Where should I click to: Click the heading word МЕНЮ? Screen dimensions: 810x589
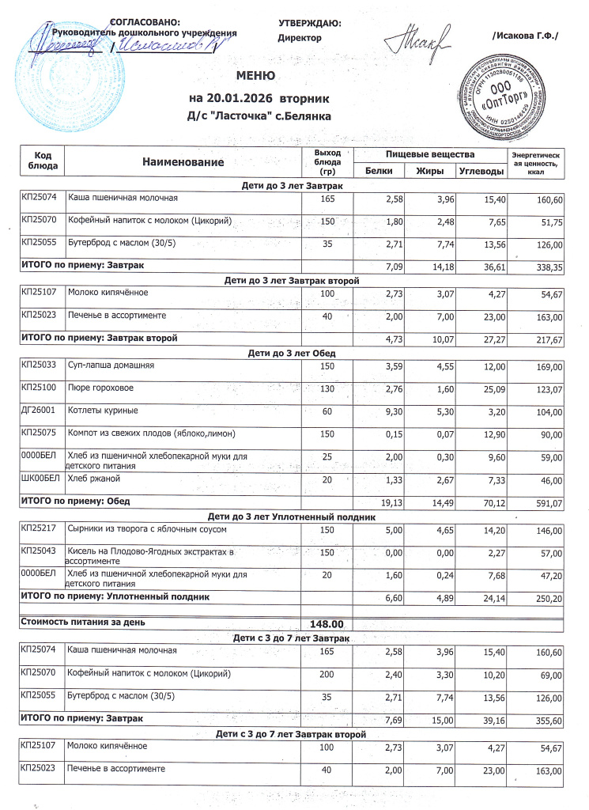tap(255, 78)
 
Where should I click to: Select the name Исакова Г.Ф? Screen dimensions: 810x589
tap(525, 36)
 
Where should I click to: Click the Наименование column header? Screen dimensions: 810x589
tap(183, 161)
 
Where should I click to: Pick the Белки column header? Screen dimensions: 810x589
tap(379, 171)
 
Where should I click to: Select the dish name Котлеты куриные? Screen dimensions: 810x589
tap(104, 410)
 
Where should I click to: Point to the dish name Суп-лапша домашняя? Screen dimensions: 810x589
tap(111, 365)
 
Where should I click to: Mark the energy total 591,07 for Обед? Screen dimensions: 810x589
tap(546, 502)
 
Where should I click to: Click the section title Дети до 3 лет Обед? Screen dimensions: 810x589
tap(292, 353)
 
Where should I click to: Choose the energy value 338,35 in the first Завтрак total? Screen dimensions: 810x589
tap(546, 268)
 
